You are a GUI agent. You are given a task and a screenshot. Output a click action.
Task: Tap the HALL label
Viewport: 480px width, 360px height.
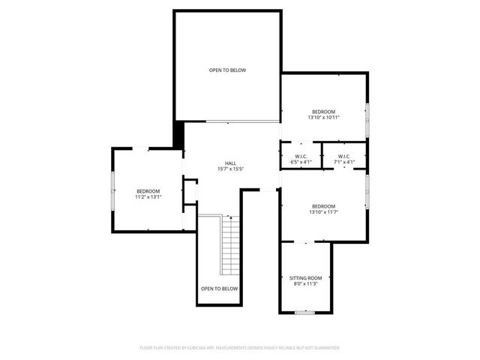click(x=231, y=163)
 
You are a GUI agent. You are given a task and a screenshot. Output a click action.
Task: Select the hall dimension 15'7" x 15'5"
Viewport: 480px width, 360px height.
click(x=231, y=169)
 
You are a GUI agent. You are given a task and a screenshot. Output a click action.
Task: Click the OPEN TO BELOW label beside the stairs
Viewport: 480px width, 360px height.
click(x=219, y=289)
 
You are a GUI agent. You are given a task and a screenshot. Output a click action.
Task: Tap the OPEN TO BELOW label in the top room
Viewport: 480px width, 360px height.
click(x=227, y=70)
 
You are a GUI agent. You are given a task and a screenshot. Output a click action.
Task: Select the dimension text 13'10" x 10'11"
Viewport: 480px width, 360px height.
click(x=324, y=117)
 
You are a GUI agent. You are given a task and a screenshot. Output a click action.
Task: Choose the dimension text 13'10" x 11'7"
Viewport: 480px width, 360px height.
click(x=324, y=212)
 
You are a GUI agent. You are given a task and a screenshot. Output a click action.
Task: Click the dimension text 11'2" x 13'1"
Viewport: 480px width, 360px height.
click(x=148, y=197)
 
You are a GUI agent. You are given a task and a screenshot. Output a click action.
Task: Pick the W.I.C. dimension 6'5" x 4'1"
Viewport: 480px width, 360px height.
click(x=298, y=162)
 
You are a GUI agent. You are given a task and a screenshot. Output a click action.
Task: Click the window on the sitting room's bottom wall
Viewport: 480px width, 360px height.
click(x=304, y=312)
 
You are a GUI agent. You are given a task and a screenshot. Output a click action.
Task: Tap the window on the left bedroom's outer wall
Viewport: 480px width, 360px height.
click(x=112, y=192)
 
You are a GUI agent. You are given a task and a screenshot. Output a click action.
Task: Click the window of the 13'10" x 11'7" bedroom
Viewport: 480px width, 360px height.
click(x=367, y=192)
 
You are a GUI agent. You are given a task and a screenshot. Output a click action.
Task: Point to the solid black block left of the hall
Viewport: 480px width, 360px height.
click(x=178, y=135)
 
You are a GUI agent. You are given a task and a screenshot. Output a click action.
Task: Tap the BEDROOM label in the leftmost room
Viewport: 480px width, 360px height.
click(x=148, y=191)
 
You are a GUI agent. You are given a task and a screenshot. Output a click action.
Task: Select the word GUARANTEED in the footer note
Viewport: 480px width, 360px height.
click(x=325, y=348)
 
